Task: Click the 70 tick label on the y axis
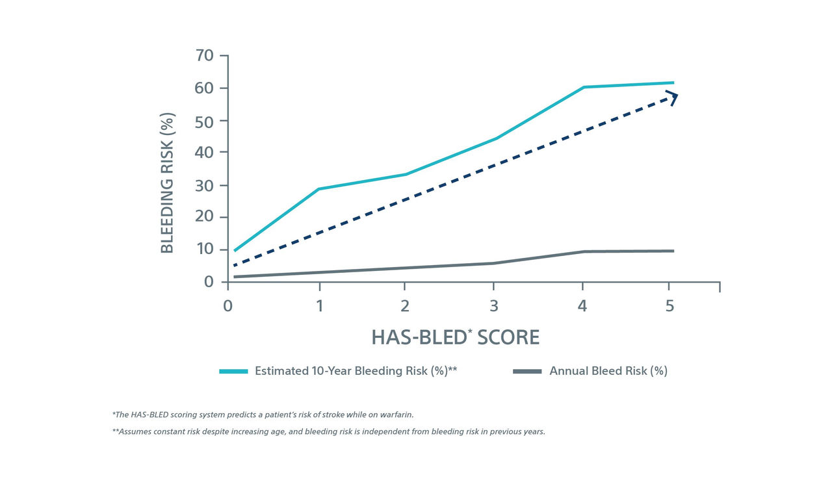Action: tap(205, 56)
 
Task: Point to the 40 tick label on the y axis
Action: tap(205, 153)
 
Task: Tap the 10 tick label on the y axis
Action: tap(205, 249)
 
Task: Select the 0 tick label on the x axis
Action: tap(227, 306)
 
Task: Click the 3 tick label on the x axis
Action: tap(493, 306)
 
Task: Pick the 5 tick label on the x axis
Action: tap(670, 306)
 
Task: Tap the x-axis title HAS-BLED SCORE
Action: tap(455, 337)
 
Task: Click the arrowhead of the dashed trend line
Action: tap(673, 96)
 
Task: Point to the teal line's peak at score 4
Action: tap(582, 87)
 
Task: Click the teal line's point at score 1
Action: tap(318, 189)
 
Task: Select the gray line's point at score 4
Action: tap(582, 251)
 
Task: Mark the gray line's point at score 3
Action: tap(493, 263)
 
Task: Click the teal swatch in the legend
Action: tap(233, 371)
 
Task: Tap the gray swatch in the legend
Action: tap(527, 371)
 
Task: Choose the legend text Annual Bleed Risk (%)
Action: tap(608, 371)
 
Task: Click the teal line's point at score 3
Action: tap(493, 138)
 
